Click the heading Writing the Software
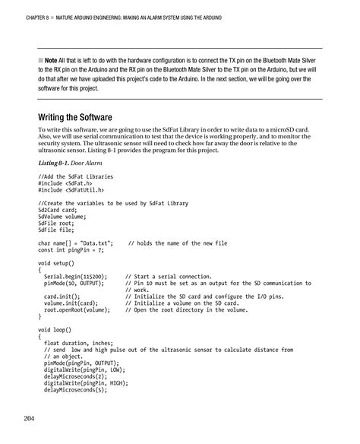click(x=75, y=118)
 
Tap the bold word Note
click(x=51, y=59)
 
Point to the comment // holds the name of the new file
click(x=177, y=243)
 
